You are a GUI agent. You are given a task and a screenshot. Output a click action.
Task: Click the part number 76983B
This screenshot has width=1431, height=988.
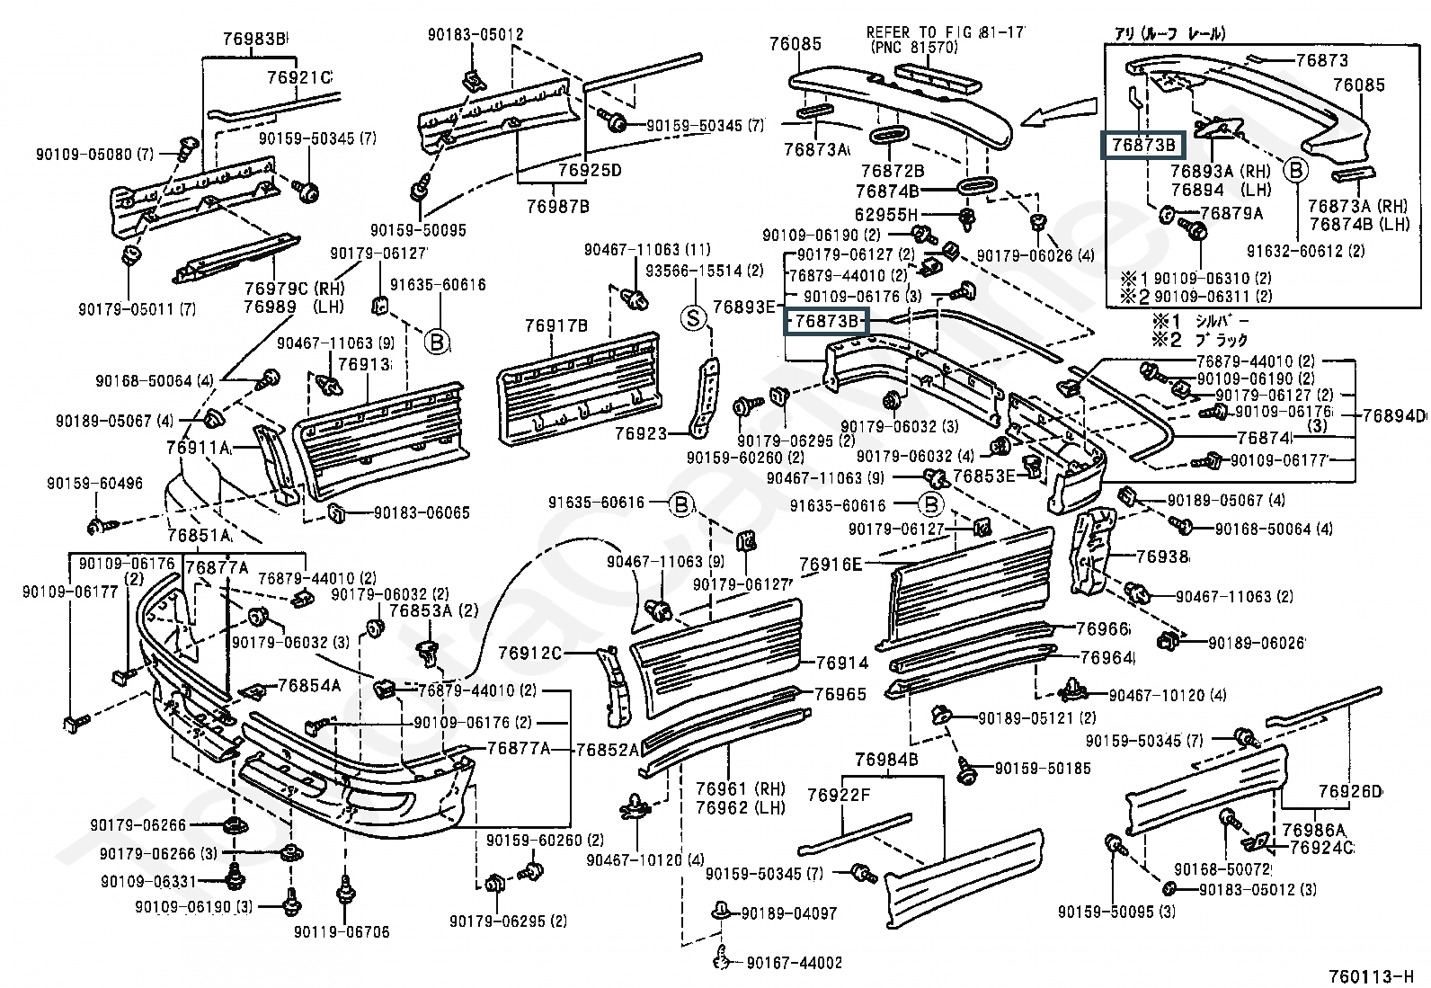point(254,39)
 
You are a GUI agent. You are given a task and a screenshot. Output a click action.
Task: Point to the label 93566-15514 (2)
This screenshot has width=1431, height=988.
point(704,271)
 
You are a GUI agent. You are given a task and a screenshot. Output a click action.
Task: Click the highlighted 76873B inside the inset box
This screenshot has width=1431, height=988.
point(1143,145)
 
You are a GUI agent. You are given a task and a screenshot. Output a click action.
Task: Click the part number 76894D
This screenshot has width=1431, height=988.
point(1393,415)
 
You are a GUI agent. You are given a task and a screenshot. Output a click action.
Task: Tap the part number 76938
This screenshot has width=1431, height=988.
point(1161,557)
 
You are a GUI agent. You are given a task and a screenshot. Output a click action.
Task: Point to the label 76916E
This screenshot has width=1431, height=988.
point(830,565)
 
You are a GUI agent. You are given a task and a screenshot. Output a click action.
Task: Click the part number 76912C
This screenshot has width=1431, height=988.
point(530,653)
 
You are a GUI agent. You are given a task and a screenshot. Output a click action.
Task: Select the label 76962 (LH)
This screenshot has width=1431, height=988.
point(740,807)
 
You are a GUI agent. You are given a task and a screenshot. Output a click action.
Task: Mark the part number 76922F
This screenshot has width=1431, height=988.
point(839,795)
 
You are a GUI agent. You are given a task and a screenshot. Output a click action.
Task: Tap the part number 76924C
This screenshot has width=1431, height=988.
point(1320,847)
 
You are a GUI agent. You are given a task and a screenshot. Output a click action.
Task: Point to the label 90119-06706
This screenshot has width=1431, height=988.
point(342,932)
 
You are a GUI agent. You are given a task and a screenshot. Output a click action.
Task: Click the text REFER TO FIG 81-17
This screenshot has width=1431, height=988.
point(946,33)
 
